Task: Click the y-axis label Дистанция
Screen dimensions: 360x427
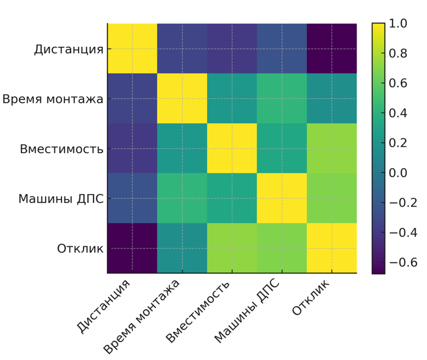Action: (69, 49)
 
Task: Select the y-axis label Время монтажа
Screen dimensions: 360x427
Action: (53, 99)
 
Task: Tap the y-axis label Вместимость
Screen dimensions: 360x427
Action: (62, 149)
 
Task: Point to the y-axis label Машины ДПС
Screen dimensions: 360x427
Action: (61, 198)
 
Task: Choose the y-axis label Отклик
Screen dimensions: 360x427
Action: (80, 249)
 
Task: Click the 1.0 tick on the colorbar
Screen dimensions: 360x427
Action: (397, 24)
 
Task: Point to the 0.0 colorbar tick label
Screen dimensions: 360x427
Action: (397, 173)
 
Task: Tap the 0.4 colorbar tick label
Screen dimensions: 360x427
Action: (397, 113)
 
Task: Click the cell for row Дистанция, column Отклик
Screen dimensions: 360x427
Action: (332, 49)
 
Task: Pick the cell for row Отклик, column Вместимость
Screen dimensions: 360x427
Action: (232, 248)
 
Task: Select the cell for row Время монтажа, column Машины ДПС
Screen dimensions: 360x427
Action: (282, 98)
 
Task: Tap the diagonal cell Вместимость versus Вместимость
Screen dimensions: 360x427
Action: (232, 148)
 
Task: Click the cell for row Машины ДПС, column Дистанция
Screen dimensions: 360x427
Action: (132, 198)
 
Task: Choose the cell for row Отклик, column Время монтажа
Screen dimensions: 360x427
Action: (182, 248)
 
